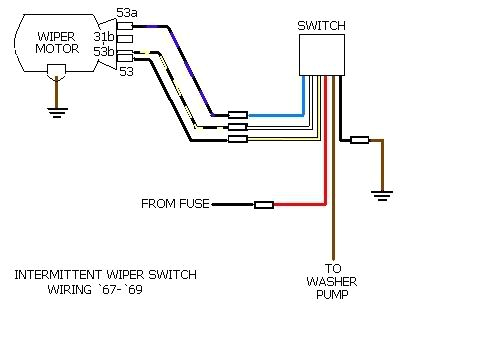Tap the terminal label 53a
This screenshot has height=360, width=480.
pyautogui.click(x=127, y=13)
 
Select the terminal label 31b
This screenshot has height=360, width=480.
pyautogui.click(x=104, y=36)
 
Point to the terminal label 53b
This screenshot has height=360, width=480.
pyautogui.click(x=104, y=50)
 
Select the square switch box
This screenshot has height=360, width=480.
pyautogui.click(x=323, y=52)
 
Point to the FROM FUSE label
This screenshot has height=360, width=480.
pyautogui.click(x=175, y=204)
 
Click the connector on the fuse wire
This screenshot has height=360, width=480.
pyautogui.click(x=264, y=204)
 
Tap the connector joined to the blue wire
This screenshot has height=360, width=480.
pyautogui.click(x=238, y=115)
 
